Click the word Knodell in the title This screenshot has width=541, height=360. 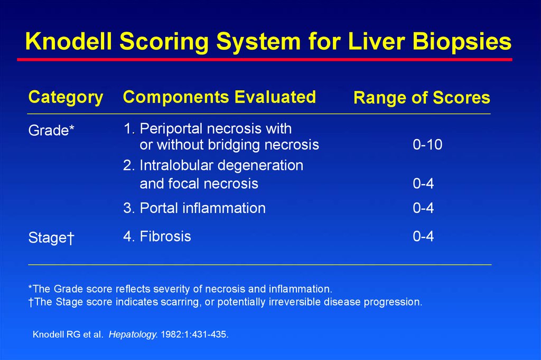69,41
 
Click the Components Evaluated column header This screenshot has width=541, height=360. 219,97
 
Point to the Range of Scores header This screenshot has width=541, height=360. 422,98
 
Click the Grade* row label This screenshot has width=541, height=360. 51,131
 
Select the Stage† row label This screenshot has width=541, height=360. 51,237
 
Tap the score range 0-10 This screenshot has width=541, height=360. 427,145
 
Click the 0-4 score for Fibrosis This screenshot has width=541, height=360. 423,236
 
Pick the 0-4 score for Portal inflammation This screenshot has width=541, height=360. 423,208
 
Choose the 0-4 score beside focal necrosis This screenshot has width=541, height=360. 423,183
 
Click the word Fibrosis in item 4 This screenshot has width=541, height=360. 165,236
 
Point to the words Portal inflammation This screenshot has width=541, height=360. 202,208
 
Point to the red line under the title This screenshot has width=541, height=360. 265,60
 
